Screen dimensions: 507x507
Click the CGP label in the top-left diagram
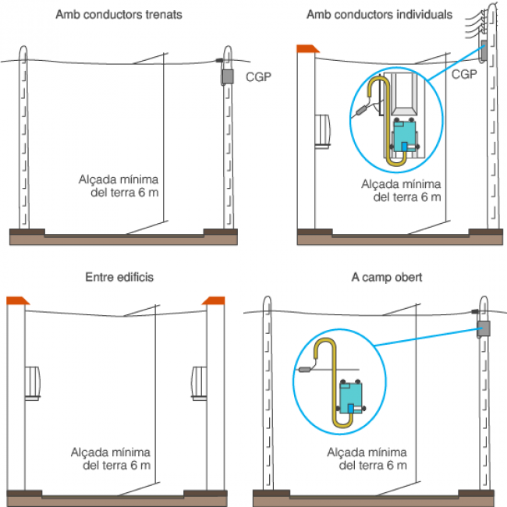pos(258,76)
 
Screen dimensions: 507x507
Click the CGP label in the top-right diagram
pos(464,74)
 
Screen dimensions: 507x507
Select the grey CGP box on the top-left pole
pos(227,76)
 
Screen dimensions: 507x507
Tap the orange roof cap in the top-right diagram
pos(307,50)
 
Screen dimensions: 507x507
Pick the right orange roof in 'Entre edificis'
pos(213,300)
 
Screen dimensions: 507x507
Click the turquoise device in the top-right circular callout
pos(405,133)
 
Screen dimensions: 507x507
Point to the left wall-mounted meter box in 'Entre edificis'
pos(32,382)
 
